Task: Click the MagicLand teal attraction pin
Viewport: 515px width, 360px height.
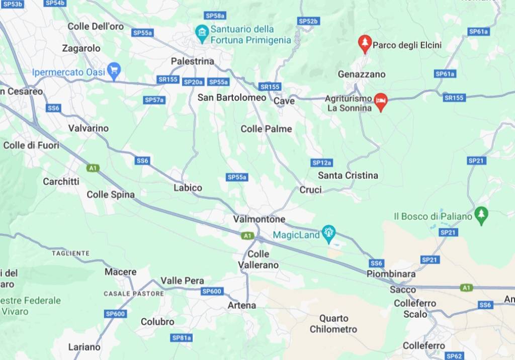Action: click(x=329, y=233)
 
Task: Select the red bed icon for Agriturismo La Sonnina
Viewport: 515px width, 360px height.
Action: click(x=381, y=101)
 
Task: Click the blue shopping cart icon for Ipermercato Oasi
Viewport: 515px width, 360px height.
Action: click(x=114, y=71)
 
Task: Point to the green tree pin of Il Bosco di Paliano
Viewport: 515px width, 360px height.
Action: click(x=481, y=215)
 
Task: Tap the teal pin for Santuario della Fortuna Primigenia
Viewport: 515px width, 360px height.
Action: click(x=202, y=33)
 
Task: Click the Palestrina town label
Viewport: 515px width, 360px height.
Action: click(x=192, y=61)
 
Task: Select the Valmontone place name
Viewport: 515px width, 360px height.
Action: click(x=259, y=219)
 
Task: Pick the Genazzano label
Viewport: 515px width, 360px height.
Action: click(x=362, y=74)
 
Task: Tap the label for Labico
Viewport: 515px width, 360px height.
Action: click(x=188, y=188)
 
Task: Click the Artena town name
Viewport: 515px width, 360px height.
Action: click(x=242, y=305)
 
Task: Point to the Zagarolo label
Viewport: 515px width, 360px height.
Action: click(x=81, y=49)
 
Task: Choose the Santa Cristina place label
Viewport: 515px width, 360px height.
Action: click(x=348, y=175)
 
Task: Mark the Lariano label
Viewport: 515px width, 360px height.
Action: click(x=84, y=347)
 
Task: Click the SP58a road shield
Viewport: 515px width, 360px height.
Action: click(x=215, y=16)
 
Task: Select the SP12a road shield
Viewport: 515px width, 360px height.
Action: click(x=322, y=162)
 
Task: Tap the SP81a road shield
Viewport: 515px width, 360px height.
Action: click(x=182, y=338)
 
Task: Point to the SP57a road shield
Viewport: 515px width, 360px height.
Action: click(x=154, y=100)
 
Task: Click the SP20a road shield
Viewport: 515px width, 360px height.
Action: click(x=194, y=82)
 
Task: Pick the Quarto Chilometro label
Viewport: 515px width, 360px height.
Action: click(x=333, y=324)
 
